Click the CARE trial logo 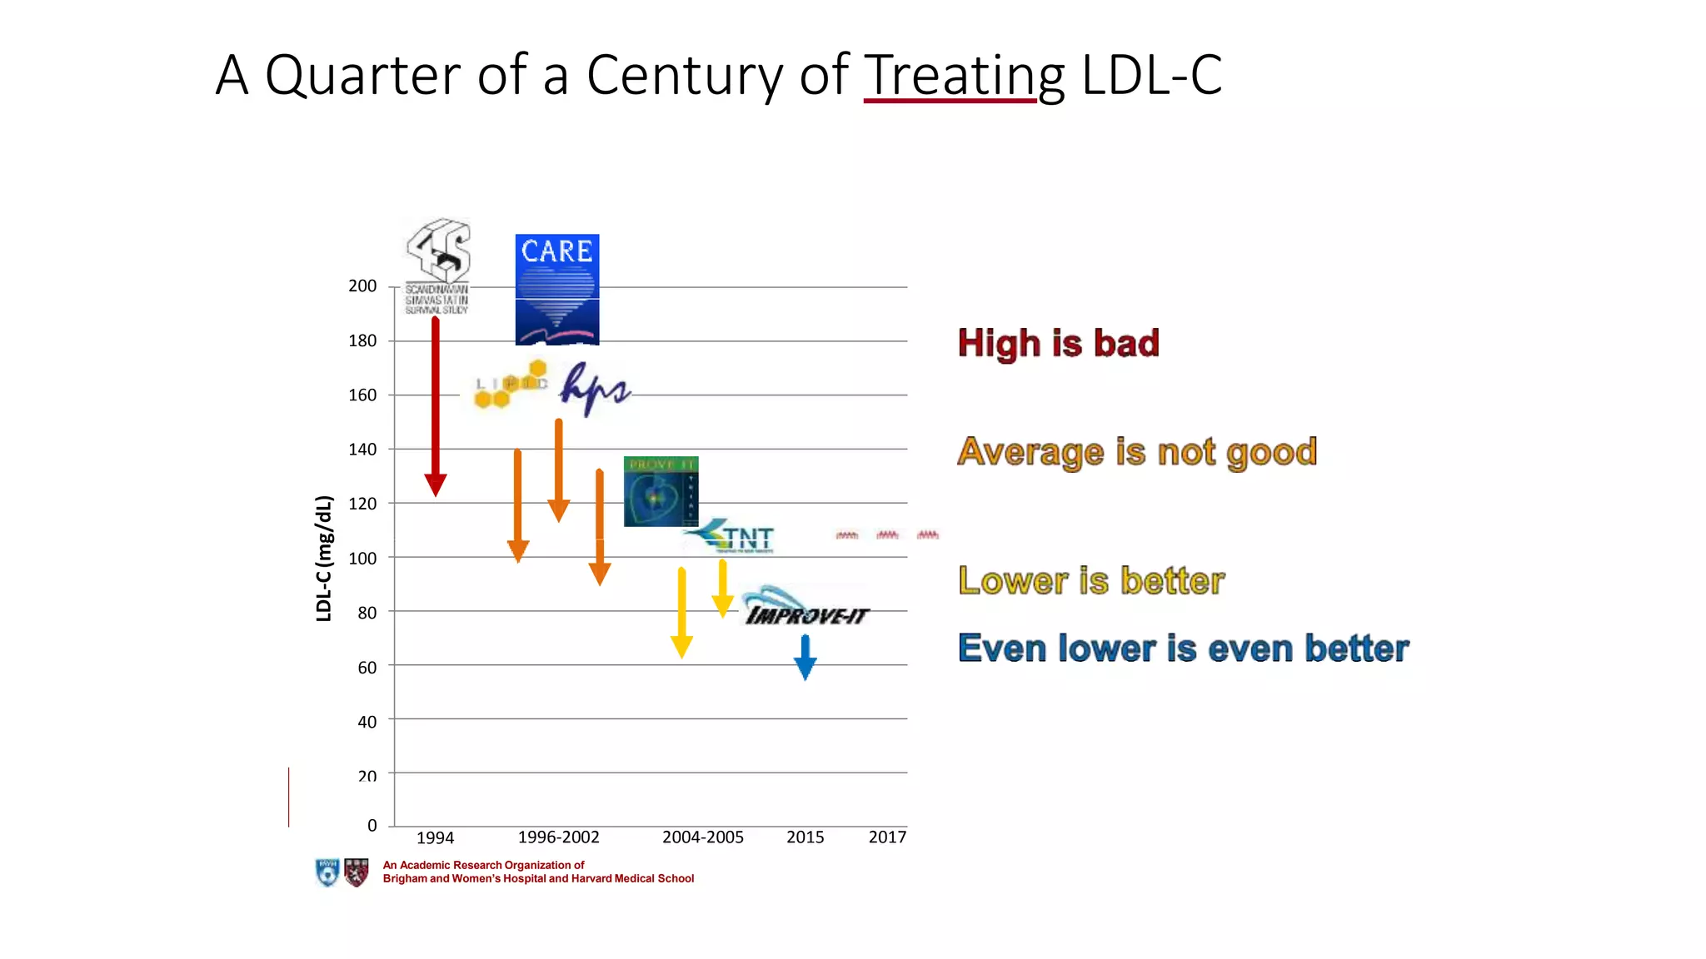(x=557, y=289)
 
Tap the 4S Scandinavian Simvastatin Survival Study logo (x=437, y=266)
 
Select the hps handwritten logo (x=594, y=388)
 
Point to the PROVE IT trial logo (x=661, y=491)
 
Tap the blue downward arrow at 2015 (x=805, y=657)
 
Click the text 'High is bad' (x=1058, y=343)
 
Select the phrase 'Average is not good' (x=1137, y=452)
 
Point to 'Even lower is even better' (x=1183, y=648)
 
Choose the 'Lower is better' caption (x=1091, y=580)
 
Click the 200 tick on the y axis (x=362, y=286)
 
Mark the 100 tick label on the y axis (x=362, y=558)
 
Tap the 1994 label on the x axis (x=435, y=837)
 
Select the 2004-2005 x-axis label (x=702, y=837)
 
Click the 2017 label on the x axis (x=887, y=837)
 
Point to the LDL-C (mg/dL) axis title (x=324, y=558)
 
